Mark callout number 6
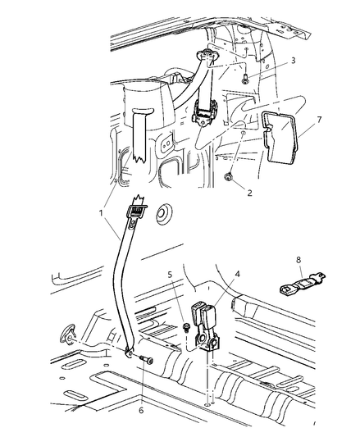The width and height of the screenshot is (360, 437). click(141, 388)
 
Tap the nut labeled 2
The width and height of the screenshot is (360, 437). click(231, 178)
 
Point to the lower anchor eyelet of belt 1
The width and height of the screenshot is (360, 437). click(130, 353)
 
